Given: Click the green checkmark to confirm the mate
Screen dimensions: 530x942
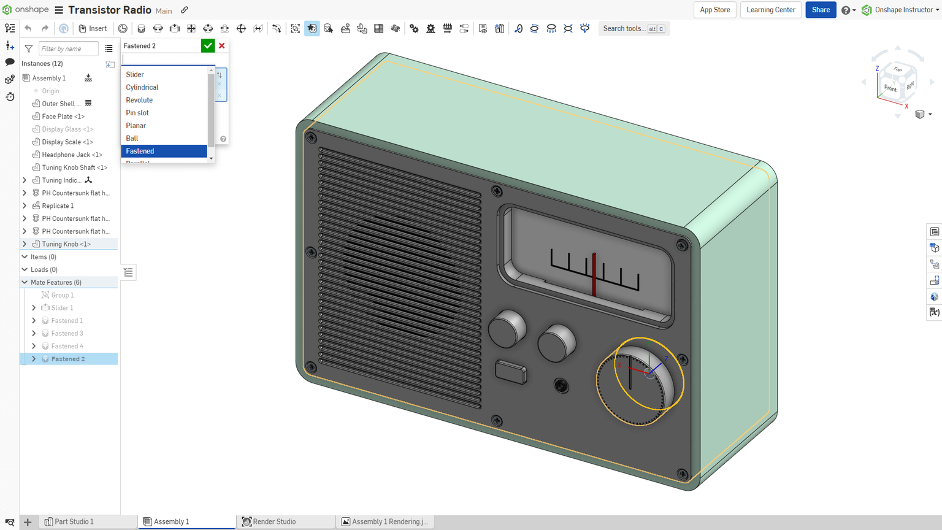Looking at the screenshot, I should point(208,46).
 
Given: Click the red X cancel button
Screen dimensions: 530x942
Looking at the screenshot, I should point(222,46).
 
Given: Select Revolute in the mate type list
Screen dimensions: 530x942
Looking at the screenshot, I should point(139,100).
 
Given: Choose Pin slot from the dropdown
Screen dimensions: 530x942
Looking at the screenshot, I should point(137,113).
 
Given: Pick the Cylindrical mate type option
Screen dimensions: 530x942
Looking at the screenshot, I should point(142,87).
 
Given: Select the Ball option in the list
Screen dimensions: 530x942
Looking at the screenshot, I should point(132,138).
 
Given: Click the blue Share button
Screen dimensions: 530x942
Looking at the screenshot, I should point(820,10).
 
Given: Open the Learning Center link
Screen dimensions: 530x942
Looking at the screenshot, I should point(770,10).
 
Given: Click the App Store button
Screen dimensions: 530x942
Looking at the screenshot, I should point(714,10).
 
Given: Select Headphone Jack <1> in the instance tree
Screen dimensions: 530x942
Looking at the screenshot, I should point(72,155).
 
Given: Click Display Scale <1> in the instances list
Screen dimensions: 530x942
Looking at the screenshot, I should point(67,142).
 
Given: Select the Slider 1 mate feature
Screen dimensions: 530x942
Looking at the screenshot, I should point(62,308).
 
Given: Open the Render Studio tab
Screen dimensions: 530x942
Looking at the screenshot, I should point(274,521).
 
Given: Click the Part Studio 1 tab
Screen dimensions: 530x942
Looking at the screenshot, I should point(74,521).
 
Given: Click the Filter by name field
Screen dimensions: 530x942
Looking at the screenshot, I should point(67,48).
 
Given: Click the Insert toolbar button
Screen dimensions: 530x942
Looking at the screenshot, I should point(93,28).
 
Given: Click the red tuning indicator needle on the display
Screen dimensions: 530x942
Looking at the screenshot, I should point(594,274).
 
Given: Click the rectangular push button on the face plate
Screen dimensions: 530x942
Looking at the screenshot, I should point(510,372).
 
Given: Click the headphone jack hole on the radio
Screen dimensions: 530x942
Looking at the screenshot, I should point(561,385).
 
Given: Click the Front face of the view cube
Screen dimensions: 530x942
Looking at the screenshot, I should point(890,88).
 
